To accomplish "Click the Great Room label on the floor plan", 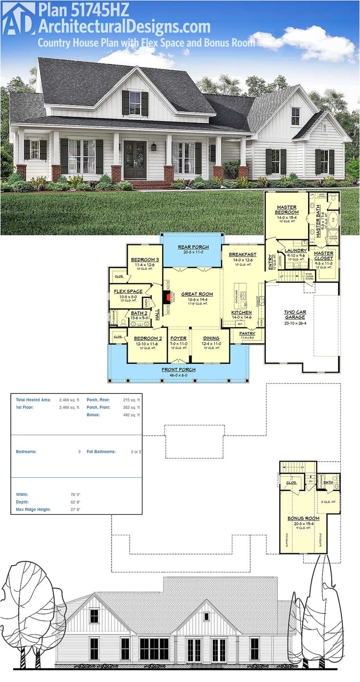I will pos(197,294).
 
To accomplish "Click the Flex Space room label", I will pos(128,291).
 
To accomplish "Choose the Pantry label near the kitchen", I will pos(247,333).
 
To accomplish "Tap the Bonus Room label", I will pos(303,518).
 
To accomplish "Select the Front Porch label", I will pos(179,370).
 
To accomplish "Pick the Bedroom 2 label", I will pos(148,338).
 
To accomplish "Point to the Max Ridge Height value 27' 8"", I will pos(75,509).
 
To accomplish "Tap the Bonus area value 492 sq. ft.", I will pos(132,415).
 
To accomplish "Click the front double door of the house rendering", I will pos(135,159).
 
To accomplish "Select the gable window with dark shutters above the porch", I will pos(135,103).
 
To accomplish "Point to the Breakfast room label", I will pos(243,254).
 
